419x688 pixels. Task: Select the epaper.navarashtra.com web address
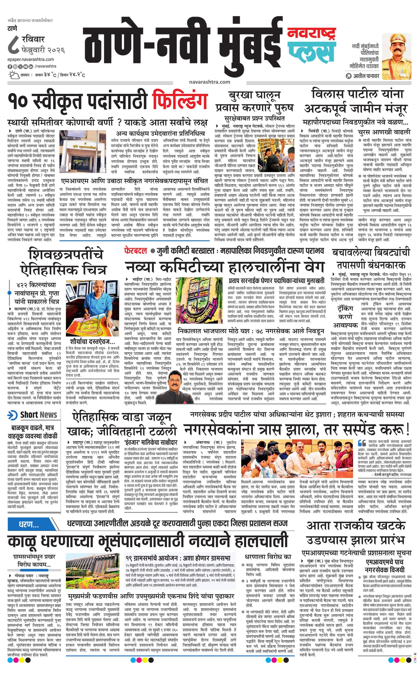pos(31,59)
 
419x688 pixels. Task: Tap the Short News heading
pos(39,415)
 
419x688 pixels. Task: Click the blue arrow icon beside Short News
pos(13,415)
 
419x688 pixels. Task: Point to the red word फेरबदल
pos(135,251)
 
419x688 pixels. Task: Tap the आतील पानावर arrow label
pos(362,76)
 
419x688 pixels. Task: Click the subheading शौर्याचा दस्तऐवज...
pos(93,342)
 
